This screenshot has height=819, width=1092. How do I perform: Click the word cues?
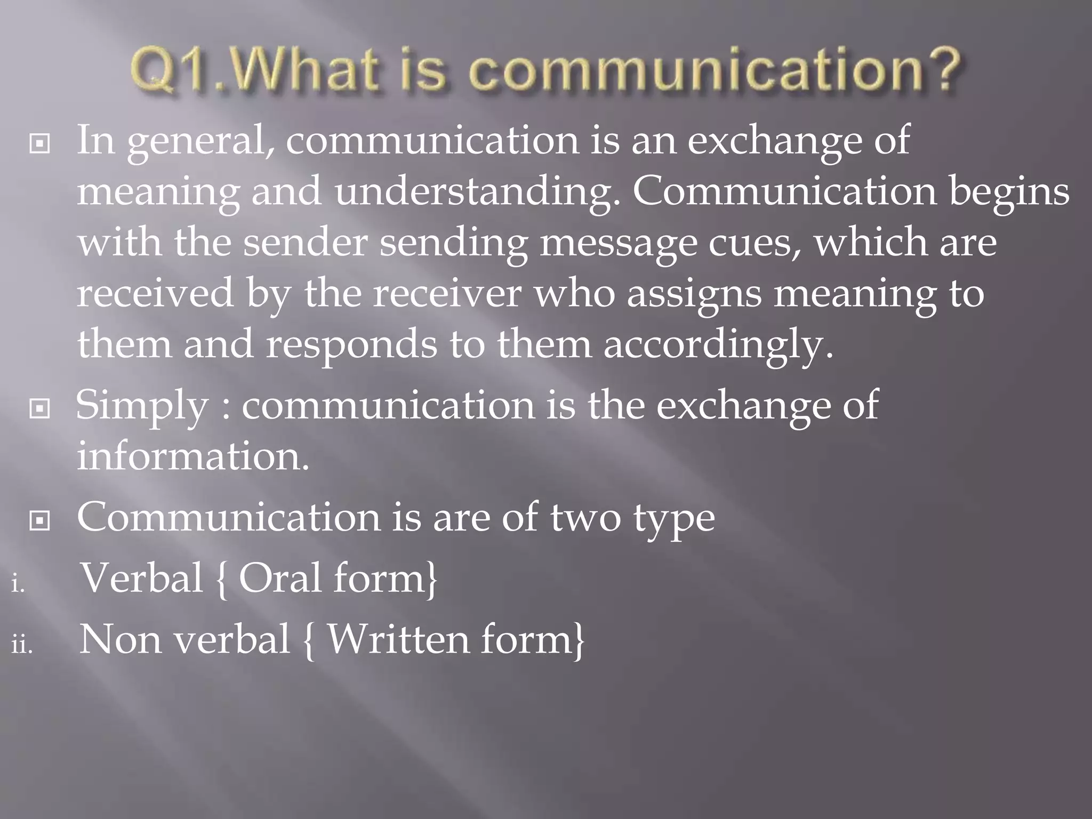point(754,243)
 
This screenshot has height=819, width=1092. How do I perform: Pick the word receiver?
point(447,293)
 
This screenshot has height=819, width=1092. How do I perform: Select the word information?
point(193,456)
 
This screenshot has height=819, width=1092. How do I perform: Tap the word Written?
point(398,639)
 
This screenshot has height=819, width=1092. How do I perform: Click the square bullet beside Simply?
point(39,409)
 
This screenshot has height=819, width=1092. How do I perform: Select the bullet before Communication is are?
point(39,521)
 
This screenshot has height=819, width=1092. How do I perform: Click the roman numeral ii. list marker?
point(22,645)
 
